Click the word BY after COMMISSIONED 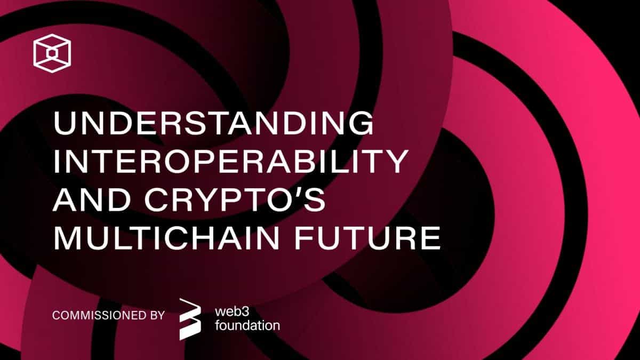[x=153, y=315]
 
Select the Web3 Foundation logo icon [x=190, y=318]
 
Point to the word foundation [x=247, y=325]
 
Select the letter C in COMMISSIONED [x=56, y=315]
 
